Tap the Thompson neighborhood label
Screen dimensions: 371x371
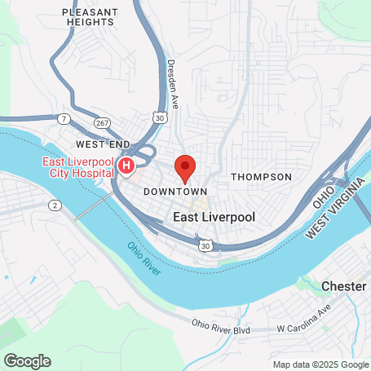point(261,177)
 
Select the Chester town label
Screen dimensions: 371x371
point(344,286)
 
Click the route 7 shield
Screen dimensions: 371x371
point(64,119)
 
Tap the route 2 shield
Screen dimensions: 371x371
point(55,204)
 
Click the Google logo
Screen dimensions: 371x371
point(26,361)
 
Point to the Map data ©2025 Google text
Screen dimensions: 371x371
point(320,364)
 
